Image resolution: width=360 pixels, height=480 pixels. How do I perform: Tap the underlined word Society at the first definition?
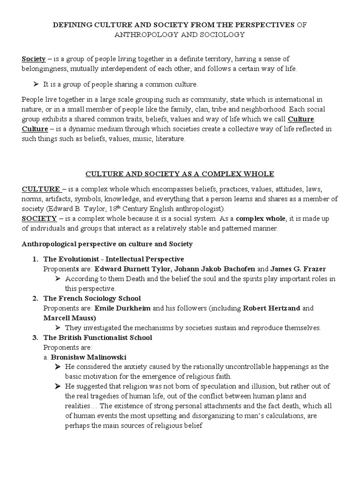(34, 59)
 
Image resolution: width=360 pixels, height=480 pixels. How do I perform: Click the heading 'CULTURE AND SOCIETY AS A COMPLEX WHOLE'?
(180, 174)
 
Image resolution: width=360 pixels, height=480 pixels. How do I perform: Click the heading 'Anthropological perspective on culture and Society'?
(107, 244)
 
